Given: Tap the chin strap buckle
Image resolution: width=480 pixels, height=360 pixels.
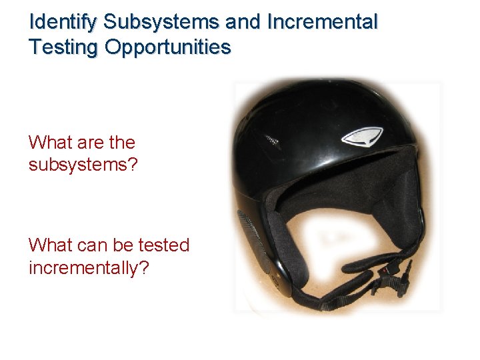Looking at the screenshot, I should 390,275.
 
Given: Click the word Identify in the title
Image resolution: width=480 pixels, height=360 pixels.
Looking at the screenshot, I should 65,23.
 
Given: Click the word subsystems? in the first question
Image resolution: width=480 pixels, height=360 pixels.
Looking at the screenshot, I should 83,165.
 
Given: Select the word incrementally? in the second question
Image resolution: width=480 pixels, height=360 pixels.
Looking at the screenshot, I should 89,268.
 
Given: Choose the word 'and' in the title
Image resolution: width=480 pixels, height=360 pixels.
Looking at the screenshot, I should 244,23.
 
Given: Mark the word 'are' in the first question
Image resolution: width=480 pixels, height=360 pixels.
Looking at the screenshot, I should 90,143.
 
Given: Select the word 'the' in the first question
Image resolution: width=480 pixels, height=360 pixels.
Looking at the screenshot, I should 123,143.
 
